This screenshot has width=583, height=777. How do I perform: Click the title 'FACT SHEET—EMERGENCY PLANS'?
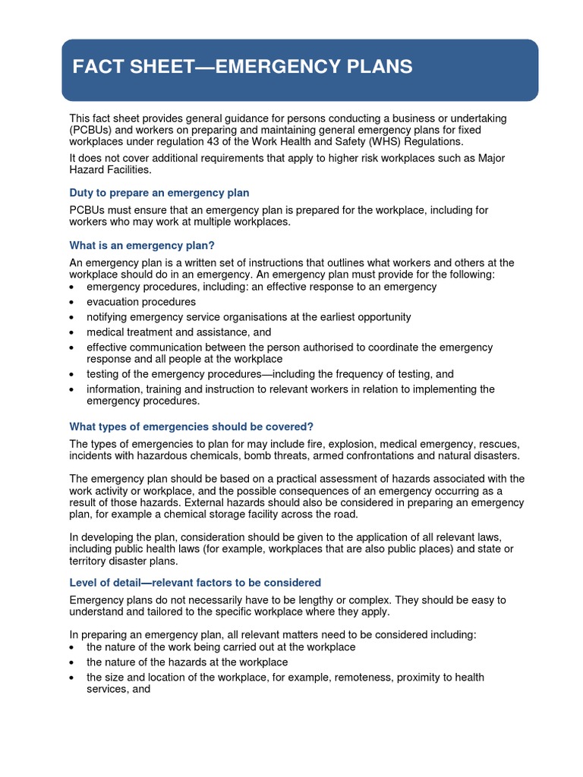(x=242, y=67)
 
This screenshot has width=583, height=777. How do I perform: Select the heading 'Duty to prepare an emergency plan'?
(x=159, y=193)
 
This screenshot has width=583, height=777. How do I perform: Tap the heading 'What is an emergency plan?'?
(x=142, y=245)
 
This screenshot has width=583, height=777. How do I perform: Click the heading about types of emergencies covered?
(x=191, y=426)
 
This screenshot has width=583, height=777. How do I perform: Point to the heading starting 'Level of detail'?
(x=195, y=583)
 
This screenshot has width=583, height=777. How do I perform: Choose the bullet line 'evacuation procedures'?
(x=141, y=302)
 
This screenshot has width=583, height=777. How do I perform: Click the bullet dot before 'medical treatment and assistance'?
(x=71, y=333)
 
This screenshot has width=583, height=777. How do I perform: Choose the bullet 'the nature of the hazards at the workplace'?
(x=187, y=662)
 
